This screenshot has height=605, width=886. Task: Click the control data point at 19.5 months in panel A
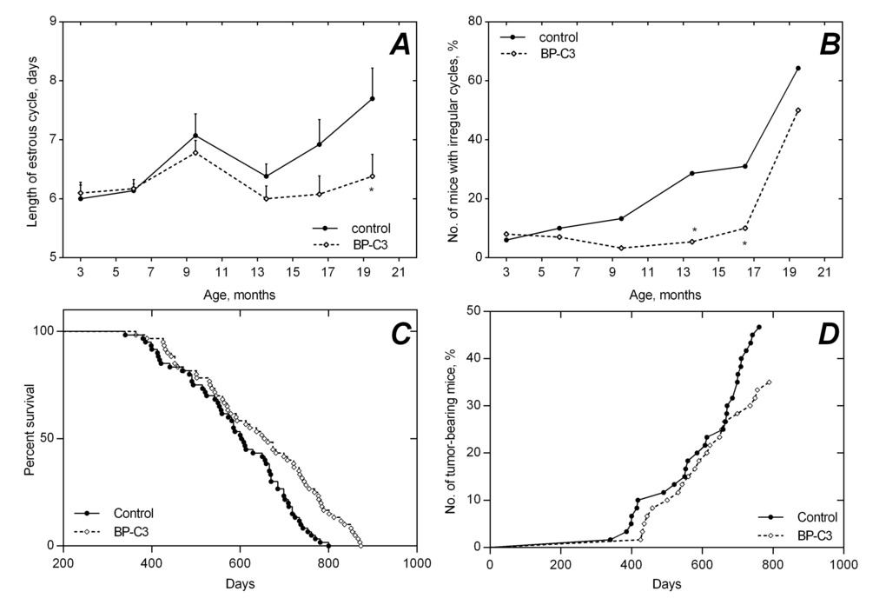pyautogui.click(x=372, y=98)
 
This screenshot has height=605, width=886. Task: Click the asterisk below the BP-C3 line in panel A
pyautogui.click(x=372, y=190)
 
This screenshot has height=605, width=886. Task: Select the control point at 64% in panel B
pyautogui.click(x=797, y=68)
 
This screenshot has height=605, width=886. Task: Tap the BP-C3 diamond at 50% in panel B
pyautogui.click(x=797, y=110)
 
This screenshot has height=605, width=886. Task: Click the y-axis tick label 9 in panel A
pyautogui.click(x=55, y=22)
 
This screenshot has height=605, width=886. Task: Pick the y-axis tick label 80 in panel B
pyautogui.click(x=476, y=22)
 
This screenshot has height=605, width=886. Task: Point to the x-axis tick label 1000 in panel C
pyautogui.click(x=418, y=563)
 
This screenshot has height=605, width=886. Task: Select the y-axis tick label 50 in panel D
pyautogui.click(x=476, y=311)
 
